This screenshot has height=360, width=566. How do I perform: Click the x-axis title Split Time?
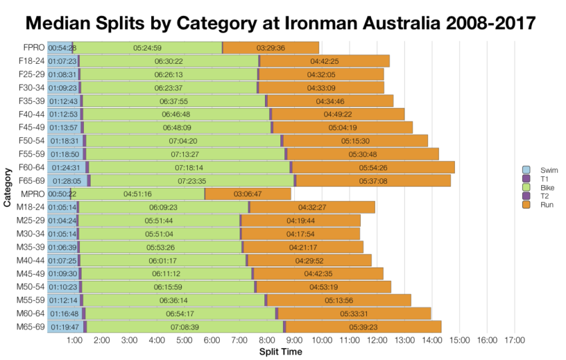point(280,351)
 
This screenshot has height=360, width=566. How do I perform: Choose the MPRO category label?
point(33,194)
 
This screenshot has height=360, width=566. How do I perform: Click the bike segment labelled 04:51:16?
point(137,194)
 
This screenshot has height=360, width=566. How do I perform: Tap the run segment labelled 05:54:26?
point(373,167)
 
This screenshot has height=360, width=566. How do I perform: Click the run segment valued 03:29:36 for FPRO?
point(270,48)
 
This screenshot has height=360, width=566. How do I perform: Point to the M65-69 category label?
point(31,326)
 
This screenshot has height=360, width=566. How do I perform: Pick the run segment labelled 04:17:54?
point(300,234)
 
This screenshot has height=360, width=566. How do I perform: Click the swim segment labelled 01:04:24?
point(62,220)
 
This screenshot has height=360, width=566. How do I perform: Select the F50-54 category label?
point(31,140)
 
